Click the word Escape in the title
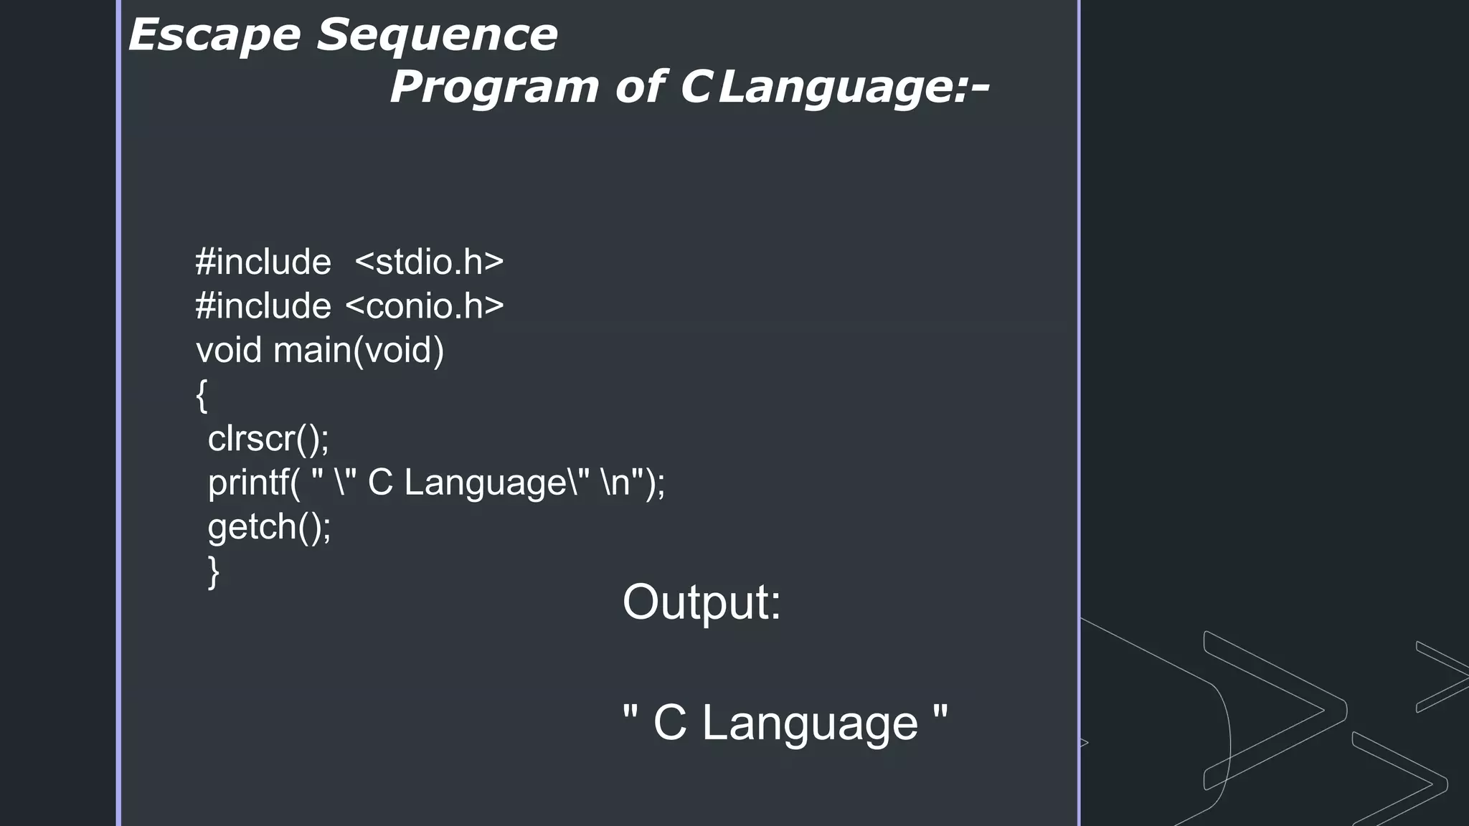(214, 36)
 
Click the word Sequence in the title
(437, 36)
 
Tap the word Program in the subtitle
(494, 88)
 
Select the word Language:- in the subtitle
(854, 88)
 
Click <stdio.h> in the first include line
(429, 262)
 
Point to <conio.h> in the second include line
(425, 307)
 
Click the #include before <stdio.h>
(263, 262)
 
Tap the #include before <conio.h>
(263, 307)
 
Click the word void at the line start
(229, 351)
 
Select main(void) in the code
(359, 351)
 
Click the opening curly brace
(202, 395)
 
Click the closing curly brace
(213, 571)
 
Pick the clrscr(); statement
(268, 439)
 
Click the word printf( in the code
(254, 483)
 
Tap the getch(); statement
(269, 528)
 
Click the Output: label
(702, 602)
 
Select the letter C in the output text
(670, 723)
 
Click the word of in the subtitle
(640, 88)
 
